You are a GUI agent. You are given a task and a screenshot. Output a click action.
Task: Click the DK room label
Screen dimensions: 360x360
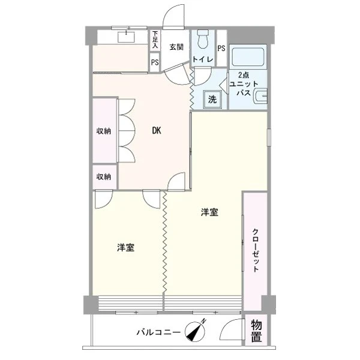[x=156, y=130]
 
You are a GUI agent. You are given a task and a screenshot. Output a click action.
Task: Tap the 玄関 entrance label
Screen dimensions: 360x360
[x=176, y=47]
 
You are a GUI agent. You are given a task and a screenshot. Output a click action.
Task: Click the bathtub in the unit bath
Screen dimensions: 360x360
[x=248, y=58]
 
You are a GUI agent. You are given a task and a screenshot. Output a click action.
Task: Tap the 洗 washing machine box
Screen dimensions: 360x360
[x=213, y=100]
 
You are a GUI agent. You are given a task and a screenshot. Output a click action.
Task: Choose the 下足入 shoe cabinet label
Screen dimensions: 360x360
[x=155, y=40]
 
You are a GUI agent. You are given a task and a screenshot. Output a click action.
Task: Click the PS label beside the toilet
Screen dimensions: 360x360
[x=221, y=49]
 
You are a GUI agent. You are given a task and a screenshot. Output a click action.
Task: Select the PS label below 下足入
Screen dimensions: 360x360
[x=155, y=62]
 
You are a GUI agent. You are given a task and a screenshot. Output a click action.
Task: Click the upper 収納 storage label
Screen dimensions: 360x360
[x=104, y=131]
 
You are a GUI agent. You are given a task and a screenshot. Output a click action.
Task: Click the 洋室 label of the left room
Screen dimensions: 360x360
[x=125, y=247]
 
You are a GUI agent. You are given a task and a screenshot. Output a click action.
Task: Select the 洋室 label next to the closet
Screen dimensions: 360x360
[x=209, y=212]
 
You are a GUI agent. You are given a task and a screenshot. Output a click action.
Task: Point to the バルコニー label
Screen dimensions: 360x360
[x=158, y=332]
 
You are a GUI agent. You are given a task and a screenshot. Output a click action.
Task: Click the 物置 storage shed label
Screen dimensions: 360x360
[x=256, y=332]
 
